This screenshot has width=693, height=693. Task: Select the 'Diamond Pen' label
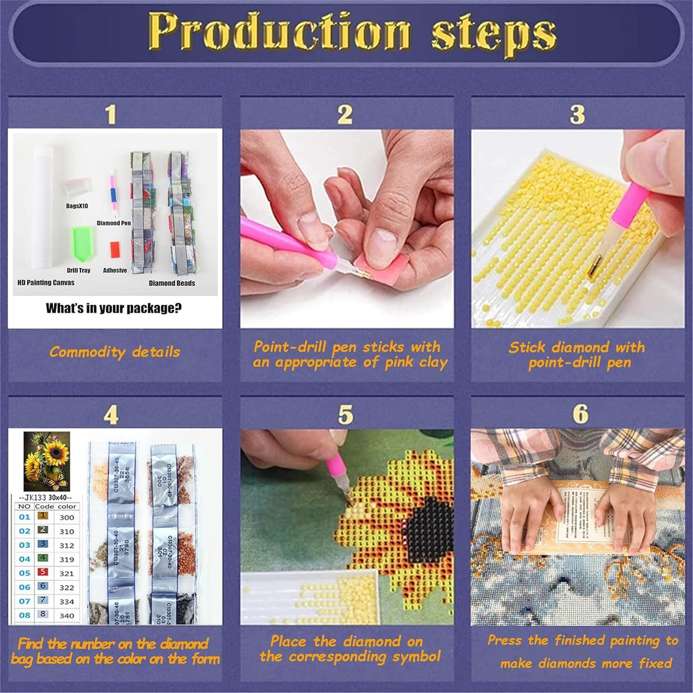[x=114, y=223]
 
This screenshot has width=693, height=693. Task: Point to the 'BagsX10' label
[x=77, y=206]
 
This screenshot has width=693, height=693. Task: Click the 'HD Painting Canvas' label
[x=46, y=283]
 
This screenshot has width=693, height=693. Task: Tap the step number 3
[x=577, y=114]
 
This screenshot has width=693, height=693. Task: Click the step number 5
[x=345, y=415]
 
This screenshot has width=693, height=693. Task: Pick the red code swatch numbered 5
[x=43, y=572]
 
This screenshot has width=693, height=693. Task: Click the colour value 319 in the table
[x=67, y=559]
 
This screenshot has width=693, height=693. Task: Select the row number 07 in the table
[x=25, y=601]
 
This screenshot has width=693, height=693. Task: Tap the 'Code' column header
[x=44, y=506]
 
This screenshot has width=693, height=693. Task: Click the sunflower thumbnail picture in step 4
[x=46, y=461]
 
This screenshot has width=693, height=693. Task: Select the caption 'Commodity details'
[x=114, y=352]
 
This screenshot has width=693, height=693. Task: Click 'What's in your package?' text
[x=114, y=309]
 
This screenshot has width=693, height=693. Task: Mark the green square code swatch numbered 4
[x=43, y=558]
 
